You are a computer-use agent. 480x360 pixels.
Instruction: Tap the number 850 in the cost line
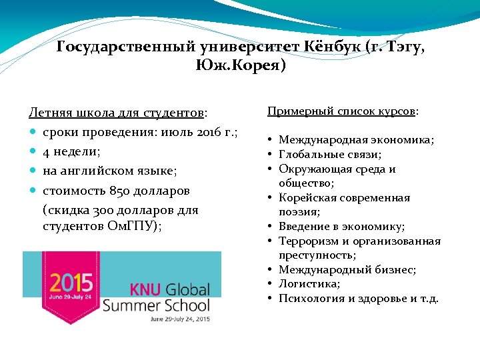pos(115,191)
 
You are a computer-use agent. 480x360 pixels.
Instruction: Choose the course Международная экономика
pos(356,140)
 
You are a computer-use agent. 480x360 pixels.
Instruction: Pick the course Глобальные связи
pos(329,155)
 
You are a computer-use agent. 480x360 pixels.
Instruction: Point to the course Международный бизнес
pos(347,269)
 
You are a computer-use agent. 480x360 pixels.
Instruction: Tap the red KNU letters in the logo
pos(145,290)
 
